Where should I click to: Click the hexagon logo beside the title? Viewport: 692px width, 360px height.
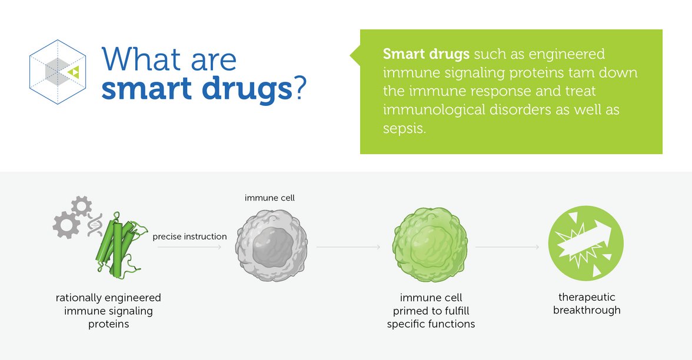[x=58, y=72]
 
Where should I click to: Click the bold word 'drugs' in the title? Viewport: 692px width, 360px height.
[x=247, y=88]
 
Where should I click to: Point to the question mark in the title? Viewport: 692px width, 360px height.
[x=301, y=86]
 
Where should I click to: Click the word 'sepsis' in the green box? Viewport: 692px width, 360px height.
[x=403, y=128]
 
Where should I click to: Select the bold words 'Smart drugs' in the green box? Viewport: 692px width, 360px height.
[x=426, y=54]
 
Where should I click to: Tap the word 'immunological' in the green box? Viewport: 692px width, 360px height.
[x=434, y=109]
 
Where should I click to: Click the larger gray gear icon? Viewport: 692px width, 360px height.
[x=66, y=225]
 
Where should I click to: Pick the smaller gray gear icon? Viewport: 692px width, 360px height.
[x=81, y=206]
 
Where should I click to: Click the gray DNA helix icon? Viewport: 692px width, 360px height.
[x=95, y=225]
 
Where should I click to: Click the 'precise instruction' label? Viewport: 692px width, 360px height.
[x=189, y=236]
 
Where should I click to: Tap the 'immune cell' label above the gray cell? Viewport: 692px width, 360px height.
[x=270, y=198]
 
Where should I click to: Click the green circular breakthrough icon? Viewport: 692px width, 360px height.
[x=585, y=244]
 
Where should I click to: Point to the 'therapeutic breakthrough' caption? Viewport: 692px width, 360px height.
[x=587, y=304]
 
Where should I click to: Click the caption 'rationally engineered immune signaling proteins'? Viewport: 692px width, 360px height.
[x=108, y=311]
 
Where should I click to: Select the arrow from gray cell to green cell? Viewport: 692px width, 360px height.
[x=348, y=247]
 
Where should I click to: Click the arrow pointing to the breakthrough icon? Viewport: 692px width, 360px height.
[x=507, y=247]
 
